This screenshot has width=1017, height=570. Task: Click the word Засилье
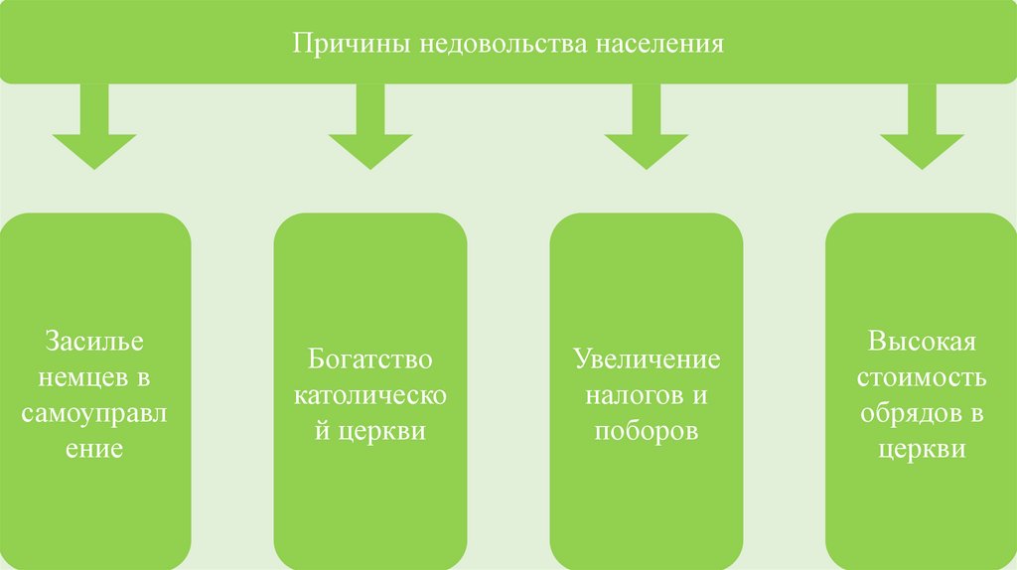[x=94, y=343]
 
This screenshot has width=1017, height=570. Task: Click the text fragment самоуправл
[x=94, y=414]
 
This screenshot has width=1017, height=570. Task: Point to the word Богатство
[x=370, y=359]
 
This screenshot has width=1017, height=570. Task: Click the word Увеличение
[x=647, y=359]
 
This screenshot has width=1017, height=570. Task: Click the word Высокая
[x=923, y=343]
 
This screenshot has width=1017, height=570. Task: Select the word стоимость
[x=923, y=378]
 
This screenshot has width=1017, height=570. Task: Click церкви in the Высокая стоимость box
[x=923, y=450]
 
